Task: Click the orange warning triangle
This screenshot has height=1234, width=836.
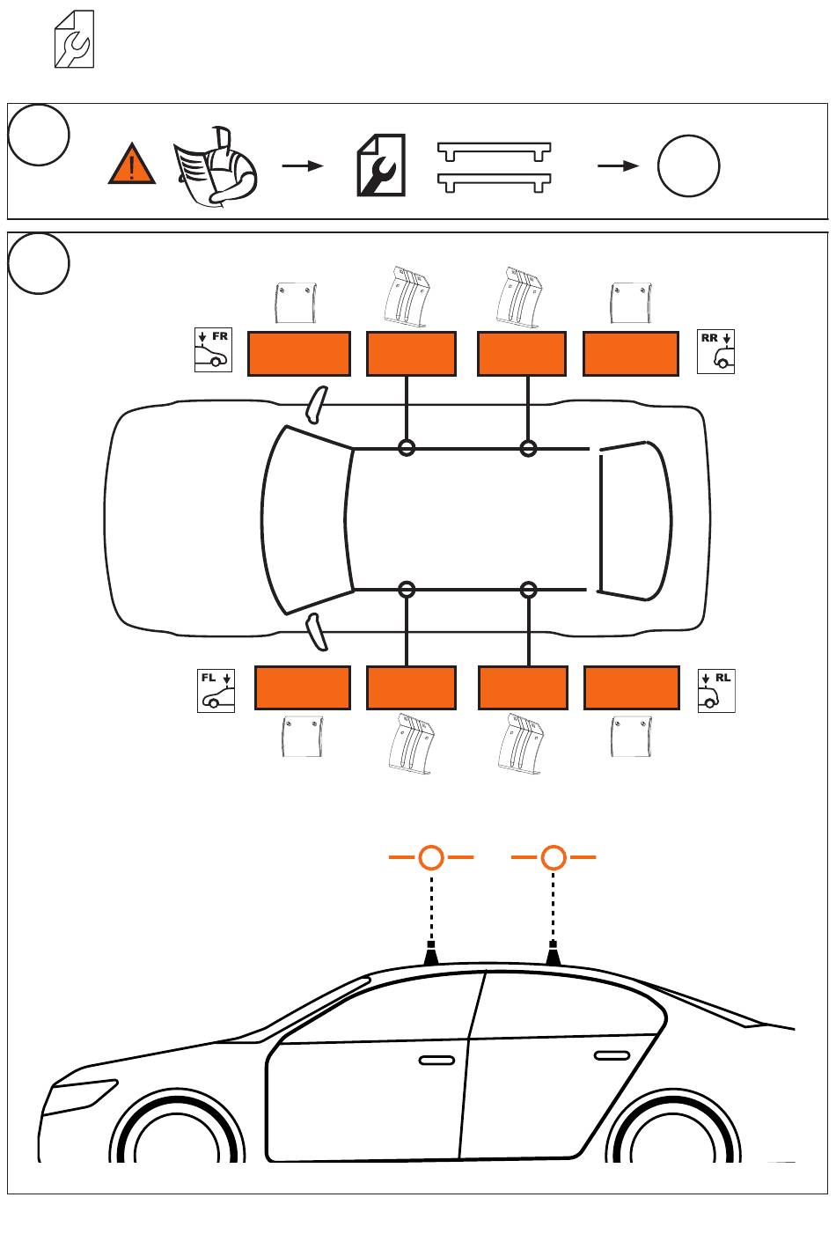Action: click(x=132, y=165)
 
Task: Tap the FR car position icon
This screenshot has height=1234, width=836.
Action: click(x=213, y=349)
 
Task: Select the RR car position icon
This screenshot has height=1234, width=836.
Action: click(x=715, y=351)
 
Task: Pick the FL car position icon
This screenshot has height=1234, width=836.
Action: click(x=216, y=691)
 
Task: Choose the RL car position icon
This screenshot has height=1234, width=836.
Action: click(x=716, y=691)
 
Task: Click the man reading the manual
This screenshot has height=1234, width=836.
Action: click(x=216, y=166)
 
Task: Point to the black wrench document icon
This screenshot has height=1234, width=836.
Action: click(x=381, y=165)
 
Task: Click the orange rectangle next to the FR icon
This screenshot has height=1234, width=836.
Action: click(x=299, y=354)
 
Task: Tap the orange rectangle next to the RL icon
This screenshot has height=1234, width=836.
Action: click(x=632, y=687)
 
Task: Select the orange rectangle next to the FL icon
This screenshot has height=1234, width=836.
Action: click(x=303, y=687)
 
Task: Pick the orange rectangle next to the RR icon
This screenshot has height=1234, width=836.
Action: click(x=631, y=354)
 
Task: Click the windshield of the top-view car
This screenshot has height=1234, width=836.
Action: click(x=306, y=519)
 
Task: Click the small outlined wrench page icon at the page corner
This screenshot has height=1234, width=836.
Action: click(x=74, y=39)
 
